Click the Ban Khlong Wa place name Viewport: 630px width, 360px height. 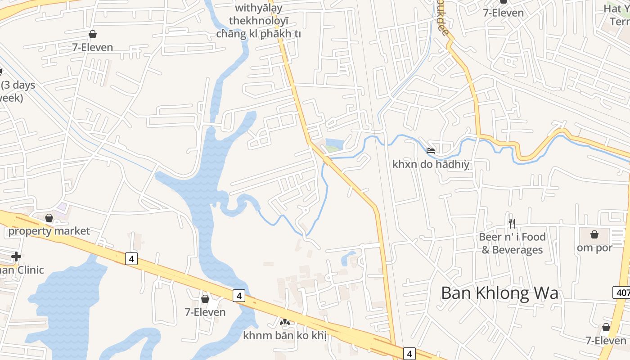pos(499,293)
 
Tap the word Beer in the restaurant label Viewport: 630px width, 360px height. pos(490,237)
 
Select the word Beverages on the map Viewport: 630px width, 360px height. pos(517,250)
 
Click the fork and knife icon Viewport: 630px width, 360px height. pos(512,223)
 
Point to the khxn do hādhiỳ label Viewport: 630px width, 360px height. pos(431,164)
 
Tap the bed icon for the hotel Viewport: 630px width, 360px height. pos(431,151)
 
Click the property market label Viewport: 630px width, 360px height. pos(49,231)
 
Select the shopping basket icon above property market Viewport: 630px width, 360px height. pos(49,218)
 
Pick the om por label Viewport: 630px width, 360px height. pos(594,247)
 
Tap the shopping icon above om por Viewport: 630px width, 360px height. pos(594,234)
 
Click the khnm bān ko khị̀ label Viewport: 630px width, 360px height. pos(284,335)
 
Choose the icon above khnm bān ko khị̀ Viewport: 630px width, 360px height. pos(284,322)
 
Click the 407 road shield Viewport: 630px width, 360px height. pos(622,292)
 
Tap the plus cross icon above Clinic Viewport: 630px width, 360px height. pos(16,256)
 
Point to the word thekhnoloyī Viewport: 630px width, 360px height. pos(259,21)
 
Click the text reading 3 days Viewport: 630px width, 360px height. pos(18,85)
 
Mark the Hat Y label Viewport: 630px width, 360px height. pos(616,8)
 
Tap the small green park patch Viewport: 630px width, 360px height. pos(332,149)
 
